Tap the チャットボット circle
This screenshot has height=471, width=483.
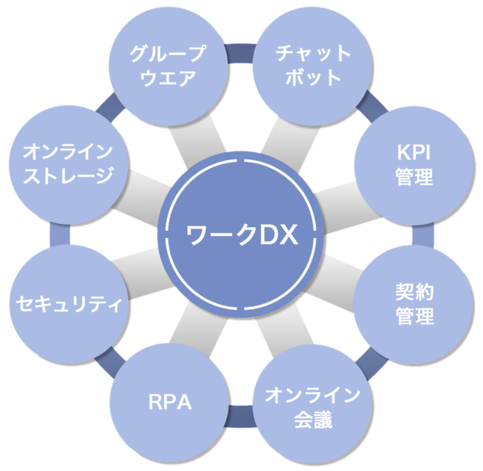[312, 66]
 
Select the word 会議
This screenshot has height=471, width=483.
[313, 419]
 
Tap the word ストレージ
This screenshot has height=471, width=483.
[69, 177]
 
